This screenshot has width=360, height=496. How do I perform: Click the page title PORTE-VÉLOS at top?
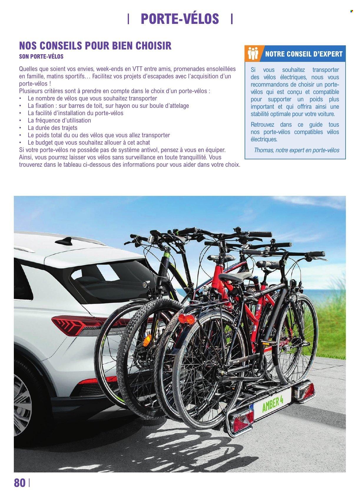pos(180,19)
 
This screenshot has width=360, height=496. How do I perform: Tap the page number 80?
pos(20,483)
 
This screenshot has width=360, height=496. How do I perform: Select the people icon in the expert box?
pos(253,53)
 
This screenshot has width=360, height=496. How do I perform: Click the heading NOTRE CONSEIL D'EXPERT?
pos(303,54)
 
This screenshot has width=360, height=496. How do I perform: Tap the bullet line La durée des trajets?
pos(52,128)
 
